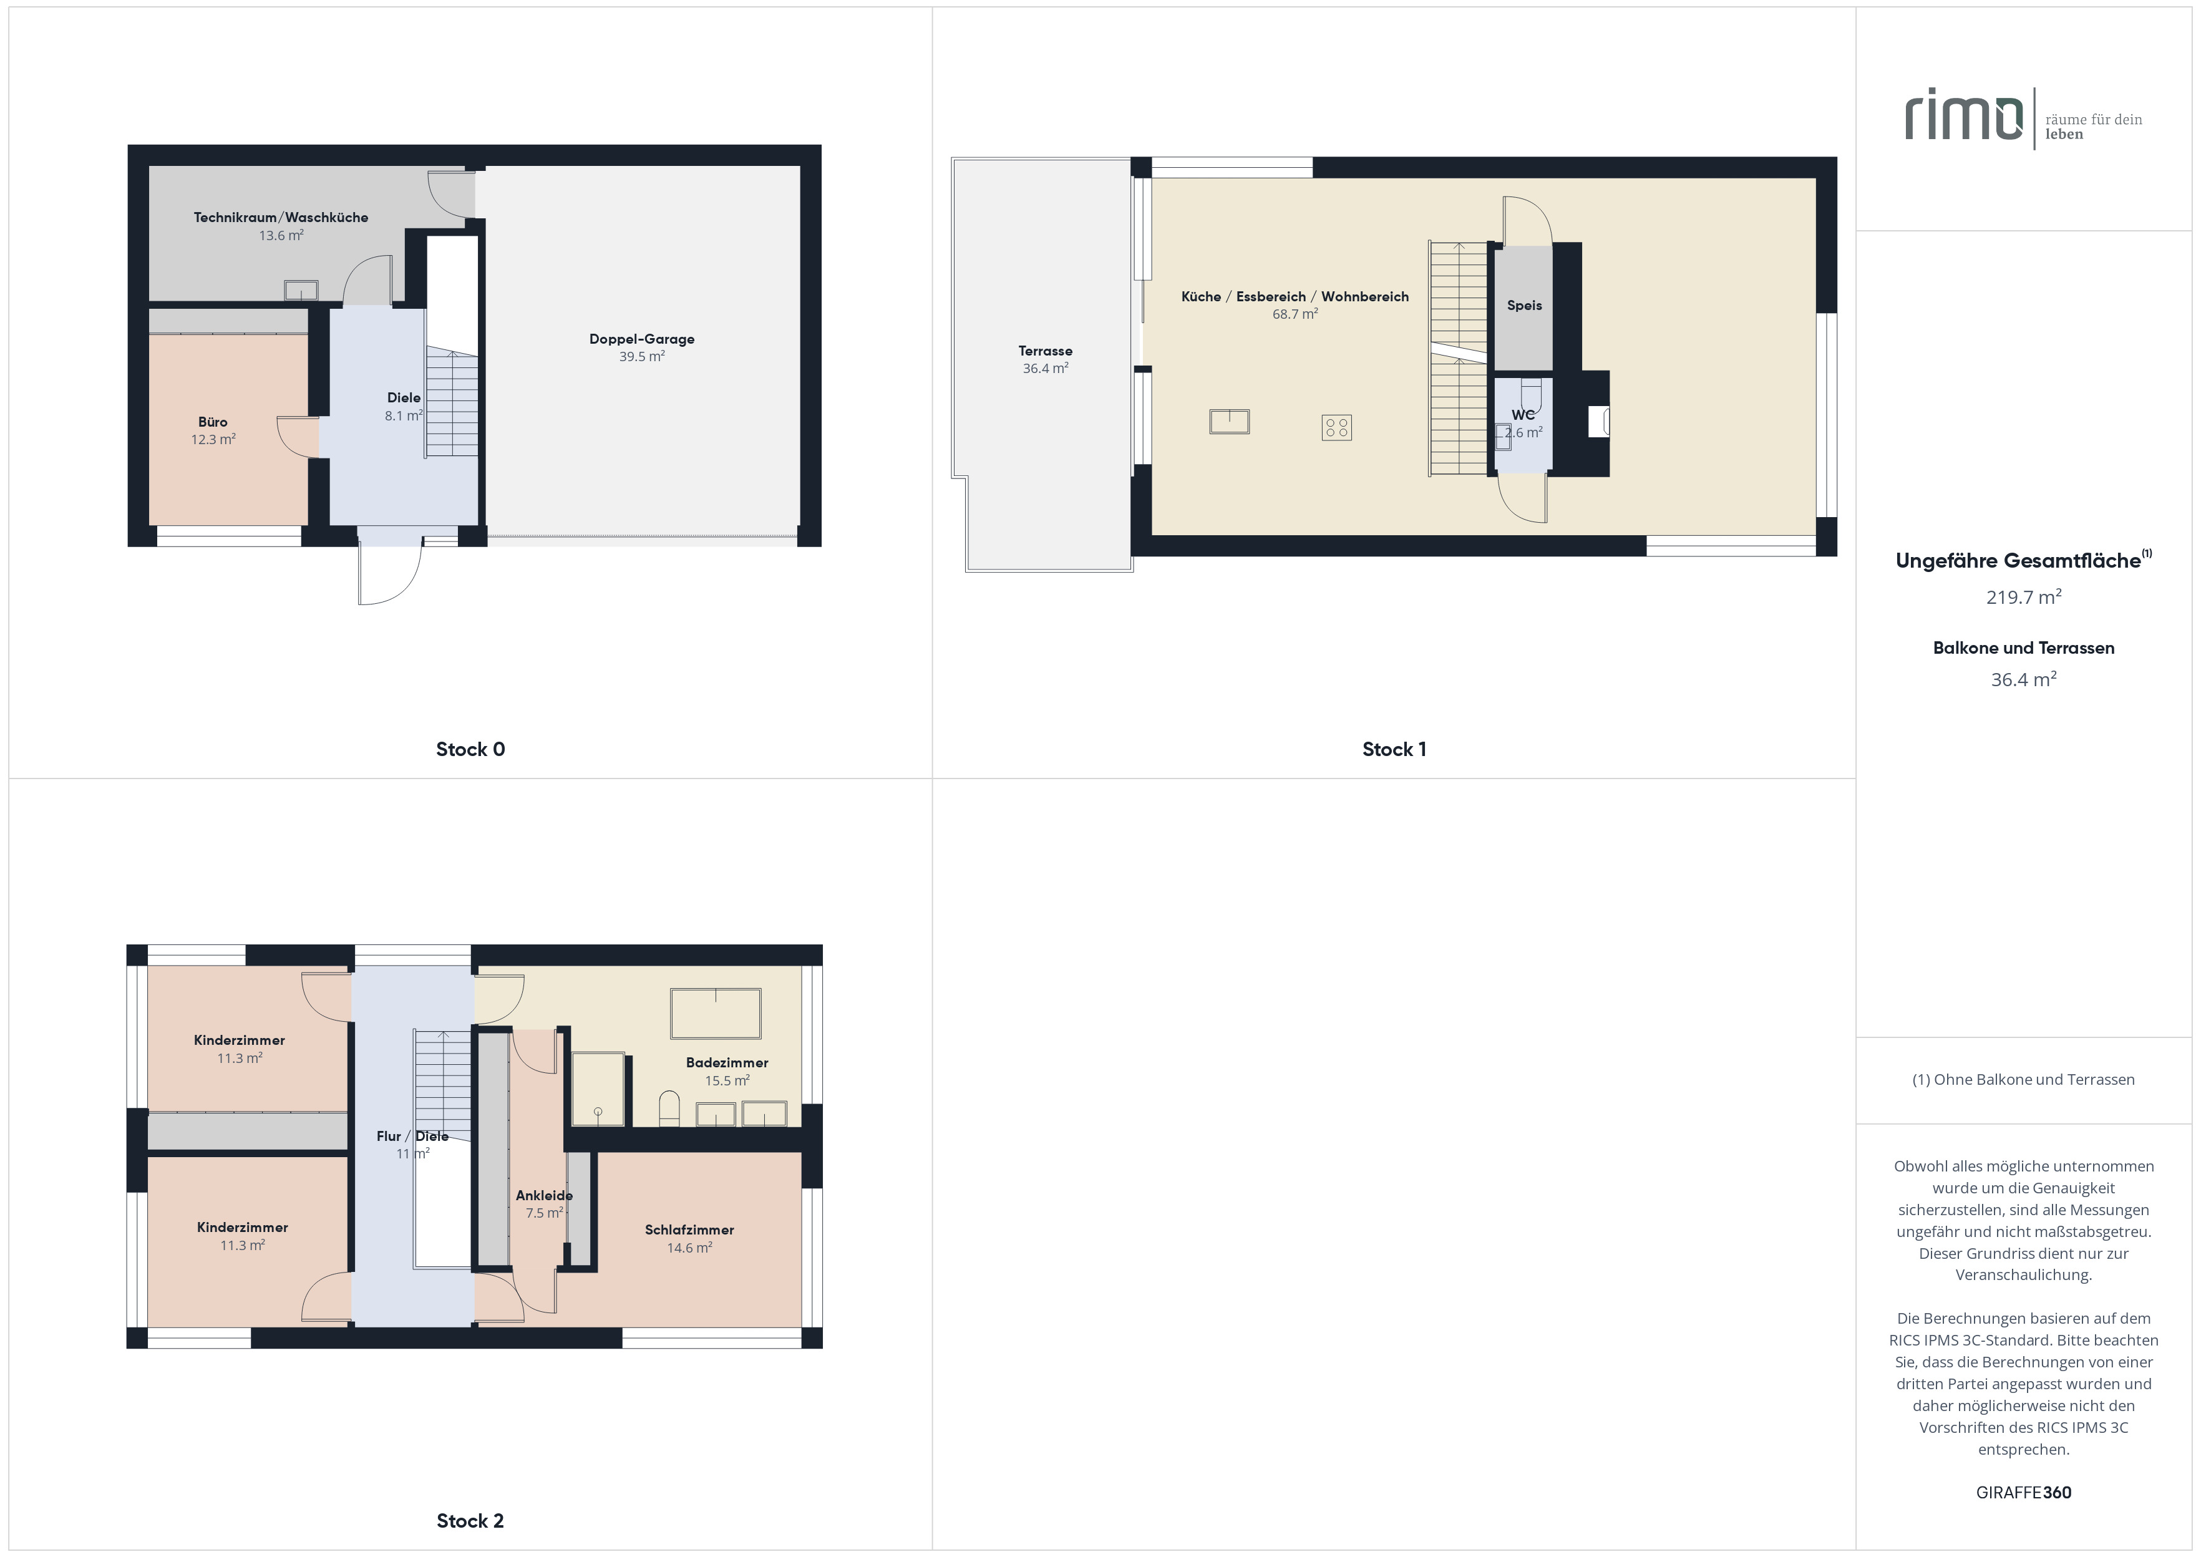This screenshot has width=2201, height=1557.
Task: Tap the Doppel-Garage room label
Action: click(641, 339)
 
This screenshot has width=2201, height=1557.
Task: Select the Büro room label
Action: click(213, 422)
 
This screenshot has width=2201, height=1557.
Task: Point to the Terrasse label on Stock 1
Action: click(1045, 351)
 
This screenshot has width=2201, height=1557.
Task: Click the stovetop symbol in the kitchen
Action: click(1336, 427)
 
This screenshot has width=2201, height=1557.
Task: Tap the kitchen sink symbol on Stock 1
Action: click(1229, 422)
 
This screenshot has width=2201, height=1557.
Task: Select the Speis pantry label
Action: click(1524, 306)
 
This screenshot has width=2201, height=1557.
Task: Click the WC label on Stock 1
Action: click(1523, 415)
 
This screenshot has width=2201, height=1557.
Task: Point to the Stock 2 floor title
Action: click(470, 1521)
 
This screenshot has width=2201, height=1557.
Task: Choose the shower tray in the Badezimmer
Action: click(598, 1089)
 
